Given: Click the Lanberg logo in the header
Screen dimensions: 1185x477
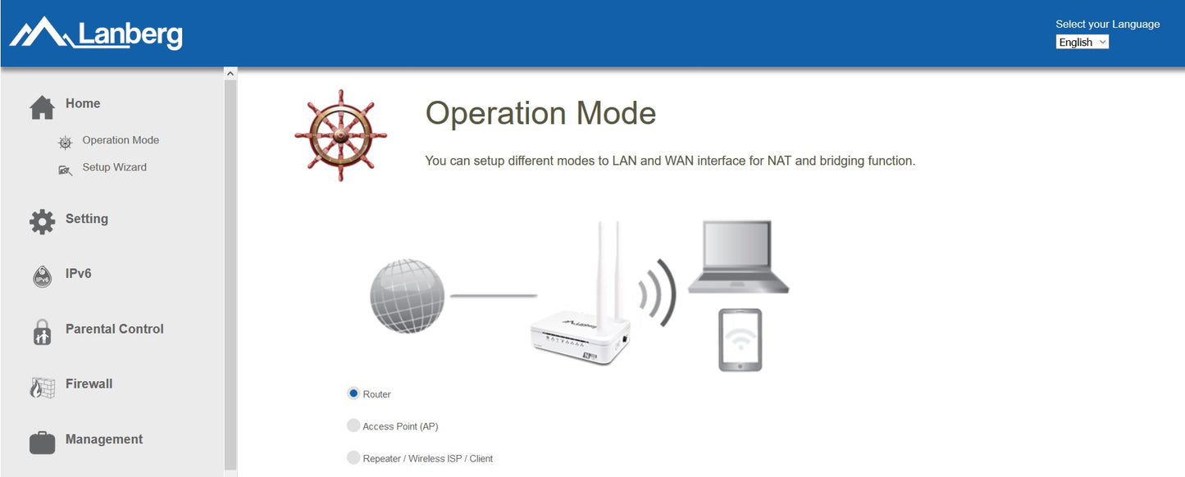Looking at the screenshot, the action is click(x=96, y=34).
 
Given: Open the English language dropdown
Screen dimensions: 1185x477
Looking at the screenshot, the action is click(x=1082, y=43).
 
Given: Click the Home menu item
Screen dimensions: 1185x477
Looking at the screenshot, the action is click(x=83, y=103).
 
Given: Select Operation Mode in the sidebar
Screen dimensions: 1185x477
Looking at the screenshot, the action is click(x=121, y=140).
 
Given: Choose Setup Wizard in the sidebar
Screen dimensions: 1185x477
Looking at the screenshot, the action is click(x=114, y=167).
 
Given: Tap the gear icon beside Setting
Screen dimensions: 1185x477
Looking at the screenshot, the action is click(x=43, y=221).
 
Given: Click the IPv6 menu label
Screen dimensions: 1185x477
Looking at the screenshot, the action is click(x=78, y=274).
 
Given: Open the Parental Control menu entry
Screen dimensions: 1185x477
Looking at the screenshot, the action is click(x=114, y=329).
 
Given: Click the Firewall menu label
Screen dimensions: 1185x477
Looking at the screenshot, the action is click(x=89, y=384).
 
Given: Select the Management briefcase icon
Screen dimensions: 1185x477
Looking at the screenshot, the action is click(x=43, y=443).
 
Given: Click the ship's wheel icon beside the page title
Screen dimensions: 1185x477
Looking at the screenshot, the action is click(x=340, y=135).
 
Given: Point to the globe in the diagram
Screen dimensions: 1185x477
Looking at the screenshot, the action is click(x=408, y=296).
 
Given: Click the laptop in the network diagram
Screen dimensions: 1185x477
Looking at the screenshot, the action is click(x=738, y=257).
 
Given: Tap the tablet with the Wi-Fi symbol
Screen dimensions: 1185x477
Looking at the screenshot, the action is click(x=740, y=340).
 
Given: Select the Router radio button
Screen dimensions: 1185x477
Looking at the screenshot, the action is click(x=353, y=393).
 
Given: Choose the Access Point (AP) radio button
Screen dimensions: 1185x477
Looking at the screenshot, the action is click(x=353, y=425).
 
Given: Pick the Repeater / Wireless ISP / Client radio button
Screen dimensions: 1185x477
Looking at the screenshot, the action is click(x=353, y=458).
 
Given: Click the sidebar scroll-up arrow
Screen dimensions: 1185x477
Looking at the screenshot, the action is click(x=230, y=74).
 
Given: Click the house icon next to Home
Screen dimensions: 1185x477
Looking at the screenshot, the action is click(x=43, y=107).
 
